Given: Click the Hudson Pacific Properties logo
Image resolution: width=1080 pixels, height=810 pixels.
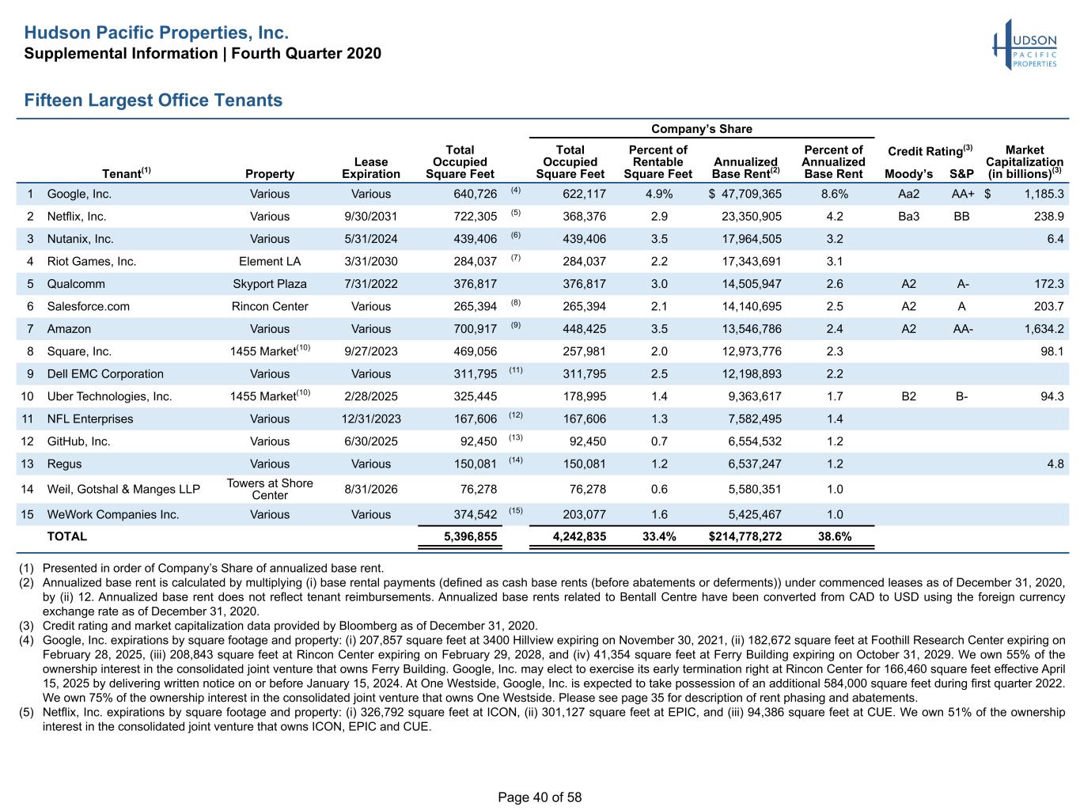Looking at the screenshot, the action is point(1024,44).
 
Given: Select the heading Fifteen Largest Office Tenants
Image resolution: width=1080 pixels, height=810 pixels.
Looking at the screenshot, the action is point(153,100).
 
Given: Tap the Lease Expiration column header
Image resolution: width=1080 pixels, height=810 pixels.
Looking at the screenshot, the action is point(370,168).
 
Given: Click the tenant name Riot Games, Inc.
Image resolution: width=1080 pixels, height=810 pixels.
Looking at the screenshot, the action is point(92,261).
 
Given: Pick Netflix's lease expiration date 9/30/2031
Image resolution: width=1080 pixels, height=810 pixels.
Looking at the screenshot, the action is point(370,217).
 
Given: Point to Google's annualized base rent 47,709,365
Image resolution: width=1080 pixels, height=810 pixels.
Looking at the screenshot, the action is point(751,194).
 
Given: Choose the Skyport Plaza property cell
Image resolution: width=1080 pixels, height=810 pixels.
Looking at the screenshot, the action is point(270,284).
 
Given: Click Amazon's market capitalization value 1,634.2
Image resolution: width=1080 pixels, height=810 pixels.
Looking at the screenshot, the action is point(1044,328).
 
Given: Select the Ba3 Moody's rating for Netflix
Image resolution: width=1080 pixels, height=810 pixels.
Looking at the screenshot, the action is point(908,217).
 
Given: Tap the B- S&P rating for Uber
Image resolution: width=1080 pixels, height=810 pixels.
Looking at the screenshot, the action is point(962,396).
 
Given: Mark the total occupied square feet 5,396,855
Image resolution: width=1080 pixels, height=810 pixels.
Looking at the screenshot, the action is point(470,536).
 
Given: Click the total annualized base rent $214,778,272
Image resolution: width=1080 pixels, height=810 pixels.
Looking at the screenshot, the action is point(745,536).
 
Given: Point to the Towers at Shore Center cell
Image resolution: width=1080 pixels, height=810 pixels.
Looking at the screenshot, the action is point(270,489).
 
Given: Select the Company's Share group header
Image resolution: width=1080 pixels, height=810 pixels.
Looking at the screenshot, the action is point(702,129).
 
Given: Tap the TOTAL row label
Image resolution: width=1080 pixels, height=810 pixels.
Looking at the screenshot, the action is point(67,536).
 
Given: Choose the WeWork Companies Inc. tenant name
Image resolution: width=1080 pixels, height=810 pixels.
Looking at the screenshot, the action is point(113,514).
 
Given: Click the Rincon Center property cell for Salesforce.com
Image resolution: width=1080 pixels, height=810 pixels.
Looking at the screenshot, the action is point(270,306).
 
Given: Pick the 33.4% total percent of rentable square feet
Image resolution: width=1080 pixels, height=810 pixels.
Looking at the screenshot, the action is point(659,536).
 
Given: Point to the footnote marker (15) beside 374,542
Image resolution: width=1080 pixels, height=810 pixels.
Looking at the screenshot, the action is point(516,510).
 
